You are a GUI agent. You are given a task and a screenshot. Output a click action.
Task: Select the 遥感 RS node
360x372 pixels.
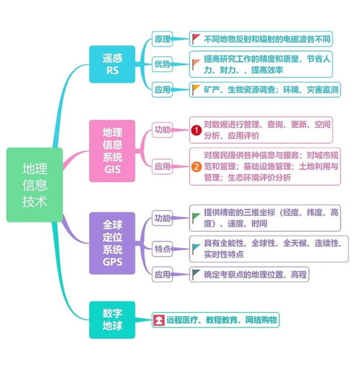[112, 63]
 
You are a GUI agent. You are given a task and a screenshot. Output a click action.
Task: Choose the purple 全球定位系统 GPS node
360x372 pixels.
[112, 242]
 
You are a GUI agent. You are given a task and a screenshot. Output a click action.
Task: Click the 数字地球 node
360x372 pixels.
[112, 319]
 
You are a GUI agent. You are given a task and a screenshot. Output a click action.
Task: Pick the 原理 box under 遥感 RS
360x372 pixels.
[163, 37]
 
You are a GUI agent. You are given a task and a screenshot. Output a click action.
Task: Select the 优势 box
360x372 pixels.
[163, 64]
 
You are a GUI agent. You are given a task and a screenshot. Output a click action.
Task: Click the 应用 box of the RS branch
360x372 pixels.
[163, 90]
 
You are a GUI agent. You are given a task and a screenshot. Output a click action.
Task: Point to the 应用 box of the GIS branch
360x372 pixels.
[163, 166]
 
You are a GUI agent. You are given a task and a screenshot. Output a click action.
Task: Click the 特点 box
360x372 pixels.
[163, 248]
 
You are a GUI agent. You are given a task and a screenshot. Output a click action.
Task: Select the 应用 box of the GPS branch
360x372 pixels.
[163, 273]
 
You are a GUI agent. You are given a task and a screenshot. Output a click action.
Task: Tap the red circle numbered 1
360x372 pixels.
[195, 130]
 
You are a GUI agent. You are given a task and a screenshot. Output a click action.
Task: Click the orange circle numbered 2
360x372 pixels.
[195, 167]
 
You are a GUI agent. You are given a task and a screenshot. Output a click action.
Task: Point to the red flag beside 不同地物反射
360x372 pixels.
[197, 37]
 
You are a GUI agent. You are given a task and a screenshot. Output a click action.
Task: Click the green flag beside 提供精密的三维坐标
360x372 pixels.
[197, 214]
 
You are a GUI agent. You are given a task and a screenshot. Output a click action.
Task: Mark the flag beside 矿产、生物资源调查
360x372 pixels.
[197, 89]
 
